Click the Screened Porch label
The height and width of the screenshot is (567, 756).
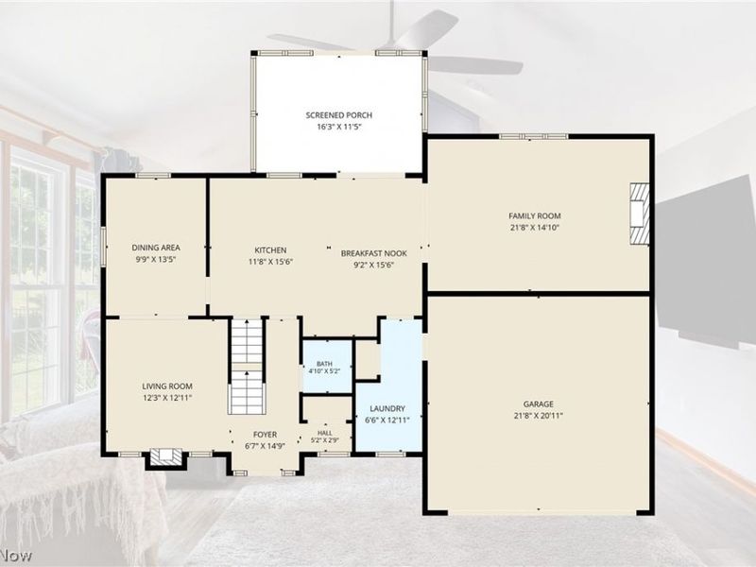[339, 115]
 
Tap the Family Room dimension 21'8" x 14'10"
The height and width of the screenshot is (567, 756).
[535, 228]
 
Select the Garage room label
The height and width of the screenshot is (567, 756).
[539, 404]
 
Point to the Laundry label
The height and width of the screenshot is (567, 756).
[387, 408]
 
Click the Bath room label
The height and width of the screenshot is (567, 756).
[324, 364]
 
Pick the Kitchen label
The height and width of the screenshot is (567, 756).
[270, 250]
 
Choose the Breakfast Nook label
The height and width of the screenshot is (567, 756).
[373, 253]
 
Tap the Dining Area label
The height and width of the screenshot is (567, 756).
[156, 248]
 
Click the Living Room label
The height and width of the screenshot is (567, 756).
[167, 387]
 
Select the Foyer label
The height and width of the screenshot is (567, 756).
[266, 435]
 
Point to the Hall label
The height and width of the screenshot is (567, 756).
[325, 433]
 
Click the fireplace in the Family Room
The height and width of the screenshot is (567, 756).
[640, 214]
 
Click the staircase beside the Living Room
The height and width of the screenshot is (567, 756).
[247, 366]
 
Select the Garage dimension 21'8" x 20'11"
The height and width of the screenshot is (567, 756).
[539, 416]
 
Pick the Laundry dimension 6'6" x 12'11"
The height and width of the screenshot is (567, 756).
[387, 420]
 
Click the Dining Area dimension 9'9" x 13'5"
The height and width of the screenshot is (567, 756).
[156, 259]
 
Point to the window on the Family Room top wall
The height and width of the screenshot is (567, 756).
[534, 136]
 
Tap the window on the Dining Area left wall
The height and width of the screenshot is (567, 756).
[103, 246]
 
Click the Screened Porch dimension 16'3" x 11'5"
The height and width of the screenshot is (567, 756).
[339, 127]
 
